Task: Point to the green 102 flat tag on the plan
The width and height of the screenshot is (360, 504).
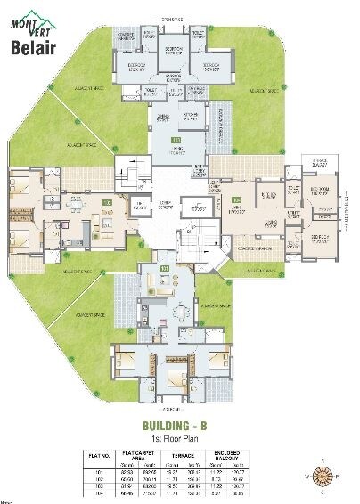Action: (x=107, y=204)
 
